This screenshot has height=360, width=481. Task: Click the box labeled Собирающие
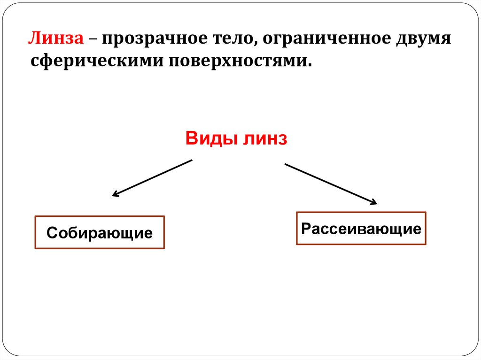(100, 232)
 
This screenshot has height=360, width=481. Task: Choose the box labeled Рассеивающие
(361, 229)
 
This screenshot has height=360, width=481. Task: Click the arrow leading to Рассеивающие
(331, 184)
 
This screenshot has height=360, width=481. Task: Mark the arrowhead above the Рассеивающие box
(373, 203)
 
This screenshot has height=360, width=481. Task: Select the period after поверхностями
(310, 65)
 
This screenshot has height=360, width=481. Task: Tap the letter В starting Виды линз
(191, 139)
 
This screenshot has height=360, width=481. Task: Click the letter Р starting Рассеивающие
(306, 229)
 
